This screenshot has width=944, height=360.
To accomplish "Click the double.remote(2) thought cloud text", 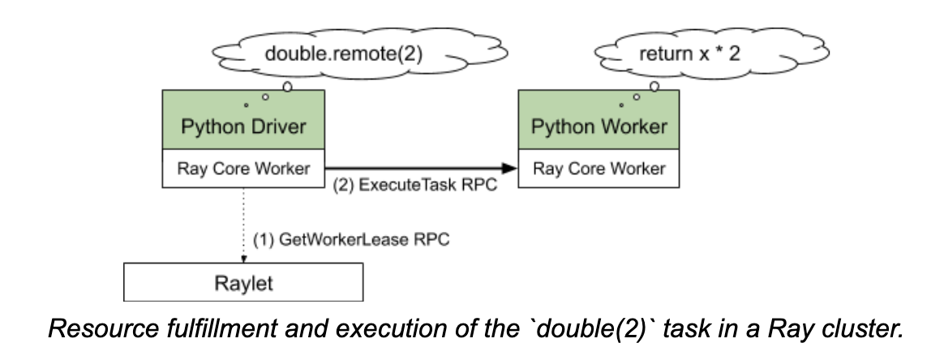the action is point(344,54).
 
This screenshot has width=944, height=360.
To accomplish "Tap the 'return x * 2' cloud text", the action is point(689,54).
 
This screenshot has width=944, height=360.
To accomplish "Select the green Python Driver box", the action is point(243,119).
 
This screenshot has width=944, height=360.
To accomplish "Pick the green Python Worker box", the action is point(599,119).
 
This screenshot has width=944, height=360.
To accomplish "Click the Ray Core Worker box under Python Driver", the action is point(243,169).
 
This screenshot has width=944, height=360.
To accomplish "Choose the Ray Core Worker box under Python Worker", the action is point(599,169).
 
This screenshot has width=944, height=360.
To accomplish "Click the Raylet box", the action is point(243,281).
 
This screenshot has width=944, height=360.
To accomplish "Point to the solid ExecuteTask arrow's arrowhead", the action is point(509,168).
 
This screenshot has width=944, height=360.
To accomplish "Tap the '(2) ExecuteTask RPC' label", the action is point(415,185).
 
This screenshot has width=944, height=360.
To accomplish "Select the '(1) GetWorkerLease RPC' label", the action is point(351,240).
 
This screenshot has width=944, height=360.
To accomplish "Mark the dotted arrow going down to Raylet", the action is point(244,225).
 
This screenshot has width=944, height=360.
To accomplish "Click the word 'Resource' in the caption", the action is point(100,328).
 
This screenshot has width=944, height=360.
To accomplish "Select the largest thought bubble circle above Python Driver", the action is point(287,88).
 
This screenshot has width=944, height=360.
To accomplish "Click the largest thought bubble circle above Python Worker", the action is point(654,87).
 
